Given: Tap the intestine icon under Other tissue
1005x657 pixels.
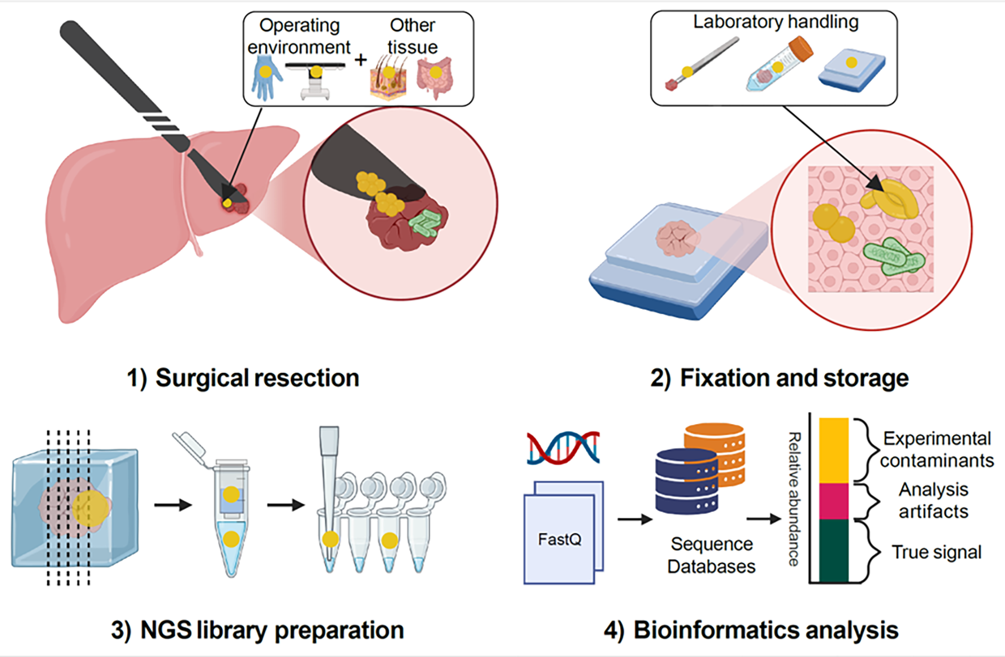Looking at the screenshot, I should tap(435, 78).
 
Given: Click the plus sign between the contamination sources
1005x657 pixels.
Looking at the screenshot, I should tap(361, 60).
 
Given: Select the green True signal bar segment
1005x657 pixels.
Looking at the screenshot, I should tap(833, 550).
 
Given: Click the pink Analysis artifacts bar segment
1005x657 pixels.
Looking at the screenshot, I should tap(833, 501).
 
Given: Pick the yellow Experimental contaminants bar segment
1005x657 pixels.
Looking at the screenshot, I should tap(833, 450).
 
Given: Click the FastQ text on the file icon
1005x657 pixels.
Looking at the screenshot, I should tap(559, 539).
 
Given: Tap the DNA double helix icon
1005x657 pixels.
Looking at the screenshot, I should tap(563, 448).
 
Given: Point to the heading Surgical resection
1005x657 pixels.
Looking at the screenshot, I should tap(243, 378).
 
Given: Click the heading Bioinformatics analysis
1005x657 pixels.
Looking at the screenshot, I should tap(751, 630).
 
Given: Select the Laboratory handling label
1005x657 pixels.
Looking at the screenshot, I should tap(776, 22).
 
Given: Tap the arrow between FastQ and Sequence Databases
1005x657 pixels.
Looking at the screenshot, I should tap(634, 519).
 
